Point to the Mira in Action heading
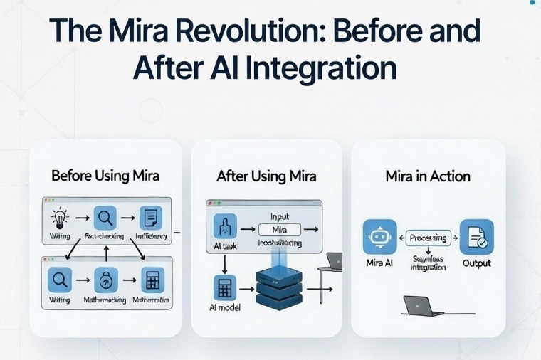pos(428,176)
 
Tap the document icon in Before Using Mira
pos(151,217)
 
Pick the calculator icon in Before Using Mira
pos(151,280)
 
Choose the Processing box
pos(429,238)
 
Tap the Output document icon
pos(476,238)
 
